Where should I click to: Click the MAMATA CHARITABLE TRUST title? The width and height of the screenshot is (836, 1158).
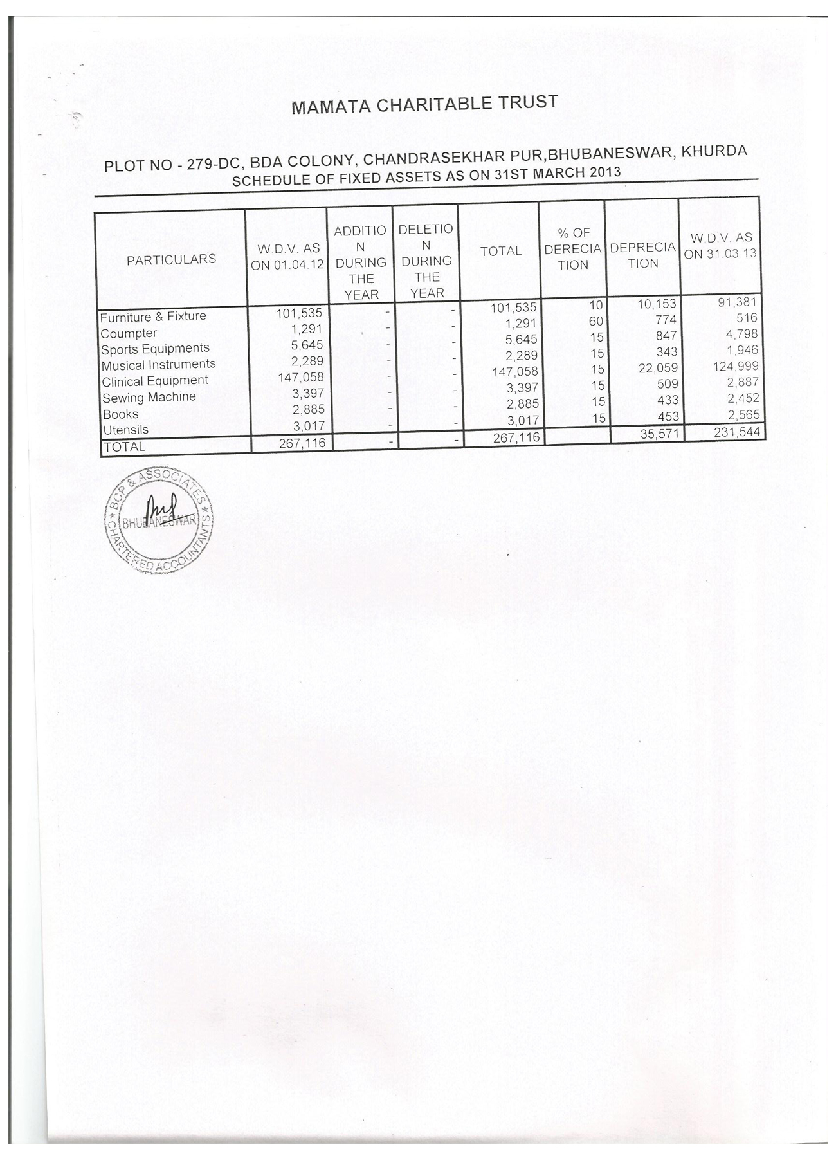(424, 104)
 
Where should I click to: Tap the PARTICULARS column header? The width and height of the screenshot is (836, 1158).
(171, 259)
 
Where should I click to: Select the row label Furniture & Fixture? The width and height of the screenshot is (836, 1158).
(153, 317)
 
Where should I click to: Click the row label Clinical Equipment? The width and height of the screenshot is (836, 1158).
(155, 381)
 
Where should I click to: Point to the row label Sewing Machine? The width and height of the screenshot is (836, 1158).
(149, 398)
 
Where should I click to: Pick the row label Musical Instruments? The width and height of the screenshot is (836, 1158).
(159, 365)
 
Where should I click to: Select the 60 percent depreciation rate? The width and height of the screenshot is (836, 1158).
(595, 321)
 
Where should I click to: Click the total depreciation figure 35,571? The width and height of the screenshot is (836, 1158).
(659, 434)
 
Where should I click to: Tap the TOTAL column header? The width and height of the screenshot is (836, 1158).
(500, 252)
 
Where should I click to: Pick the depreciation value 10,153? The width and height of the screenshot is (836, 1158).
(657, 304)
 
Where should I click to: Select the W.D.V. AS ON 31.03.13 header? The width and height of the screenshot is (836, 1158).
(720, 246)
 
